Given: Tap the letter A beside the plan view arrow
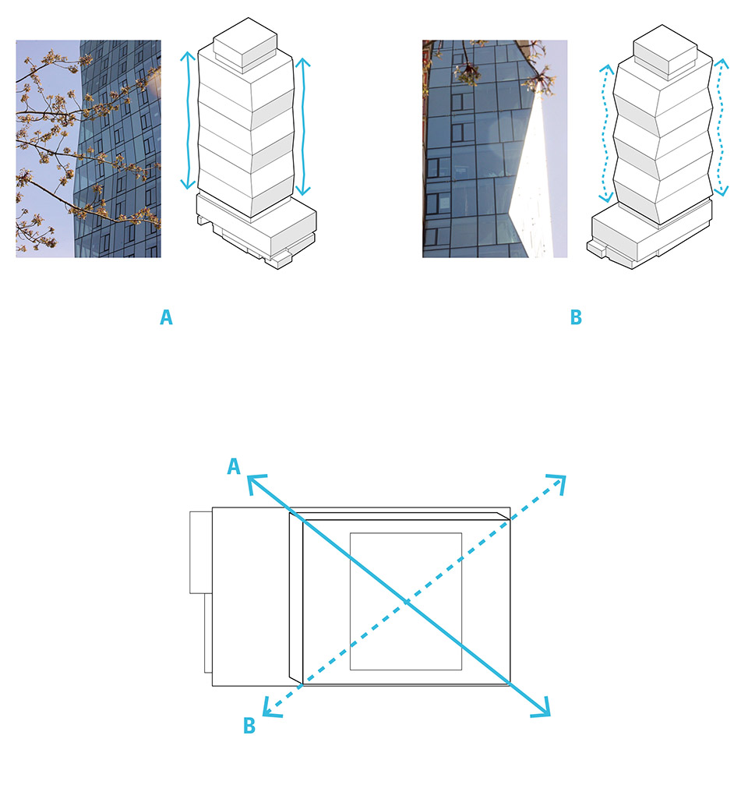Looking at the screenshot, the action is (233, 465).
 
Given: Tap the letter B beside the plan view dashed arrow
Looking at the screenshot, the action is (249, 725).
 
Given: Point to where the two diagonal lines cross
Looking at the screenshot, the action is (407, 602).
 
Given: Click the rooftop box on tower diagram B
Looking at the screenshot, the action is (665, 51).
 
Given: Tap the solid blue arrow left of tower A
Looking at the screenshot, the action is (189, 120).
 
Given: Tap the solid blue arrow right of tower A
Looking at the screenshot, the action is (303, 126).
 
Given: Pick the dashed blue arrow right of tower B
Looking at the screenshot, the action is (721, 127).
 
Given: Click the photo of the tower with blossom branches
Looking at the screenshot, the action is (88, 149).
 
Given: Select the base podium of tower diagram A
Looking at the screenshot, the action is (257, 232).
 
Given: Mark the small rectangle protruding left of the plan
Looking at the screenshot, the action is (201, 552).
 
